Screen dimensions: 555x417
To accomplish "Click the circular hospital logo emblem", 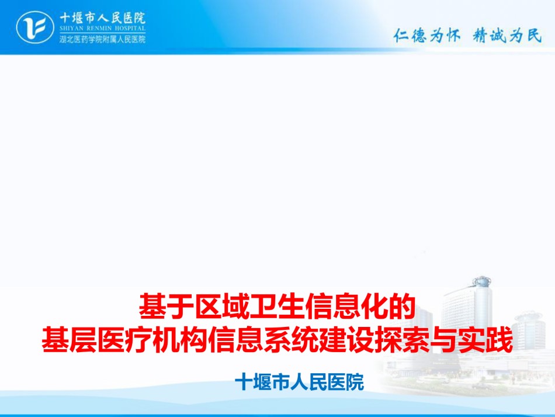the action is click(34, 27).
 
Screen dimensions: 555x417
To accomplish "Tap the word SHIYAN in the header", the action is click(71, 28).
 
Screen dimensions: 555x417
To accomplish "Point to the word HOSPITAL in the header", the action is click(130, 28).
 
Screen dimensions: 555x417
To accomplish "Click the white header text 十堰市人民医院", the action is click(102, 18).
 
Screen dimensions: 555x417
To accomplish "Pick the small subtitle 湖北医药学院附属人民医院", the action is click(102, 39).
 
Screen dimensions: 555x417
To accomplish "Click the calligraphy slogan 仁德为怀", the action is click(427, 36).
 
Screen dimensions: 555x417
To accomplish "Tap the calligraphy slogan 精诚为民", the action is click(507, 36).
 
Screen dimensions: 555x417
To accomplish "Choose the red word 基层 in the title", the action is click(70, 340).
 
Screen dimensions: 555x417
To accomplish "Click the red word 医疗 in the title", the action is click(124, 340).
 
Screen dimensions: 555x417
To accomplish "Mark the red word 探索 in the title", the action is click(402, 340).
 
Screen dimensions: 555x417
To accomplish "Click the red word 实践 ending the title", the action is click(485, 340).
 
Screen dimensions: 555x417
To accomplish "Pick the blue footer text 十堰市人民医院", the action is click(300, 382).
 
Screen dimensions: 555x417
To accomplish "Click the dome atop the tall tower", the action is click(482, 281).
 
